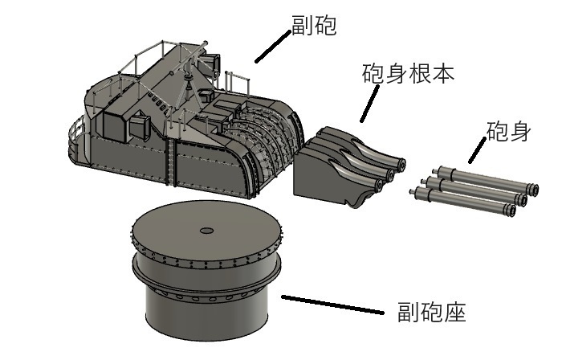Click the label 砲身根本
tap(409, 75)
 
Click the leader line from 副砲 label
tap(272, 46)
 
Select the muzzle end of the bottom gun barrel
tap(508, 211)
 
